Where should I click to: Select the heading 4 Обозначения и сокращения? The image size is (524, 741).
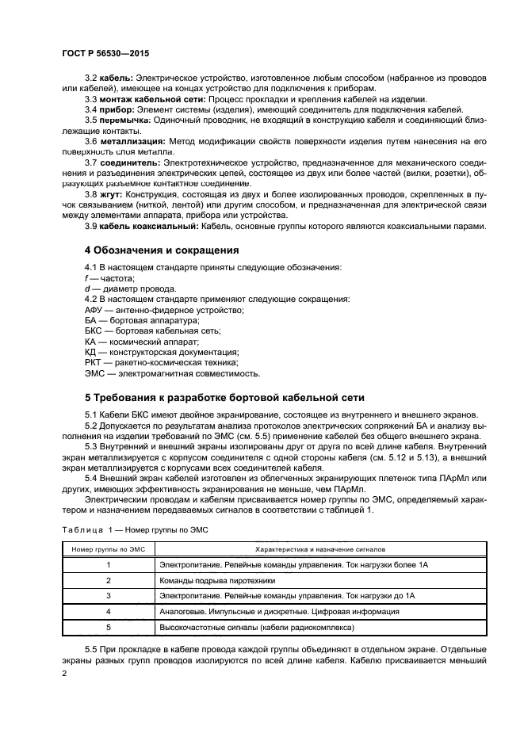162,250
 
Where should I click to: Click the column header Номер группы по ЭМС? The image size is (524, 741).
109,548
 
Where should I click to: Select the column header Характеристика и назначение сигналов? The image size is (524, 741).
320,548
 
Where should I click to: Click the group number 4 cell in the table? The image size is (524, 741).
109,612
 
